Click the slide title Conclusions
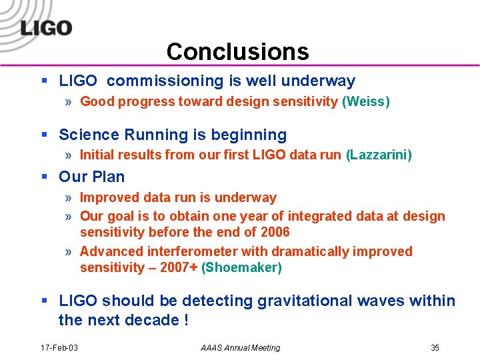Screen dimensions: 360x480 click(238, 51)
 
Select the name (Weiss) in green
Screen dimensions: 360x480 click(366, 102)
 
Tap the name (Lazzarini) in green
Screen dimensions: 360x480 click(379, 155)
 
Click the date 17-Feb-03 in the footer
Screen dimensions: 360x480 click(59, 348)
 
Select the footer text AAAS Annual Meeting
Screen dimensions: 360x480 click(241, 348)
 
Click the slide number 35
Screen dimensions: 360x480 click(435, 348)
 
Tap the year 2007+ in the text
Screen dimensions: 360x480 click(179, 268)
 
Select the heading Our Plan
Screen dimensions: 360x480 click(91, 177)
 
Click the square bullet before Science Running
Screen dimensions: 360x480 click(44, 135)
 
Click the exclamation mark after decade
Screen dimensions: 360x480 click(185, 320)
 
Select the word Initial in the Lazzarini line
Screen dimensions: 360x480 click(97, 155)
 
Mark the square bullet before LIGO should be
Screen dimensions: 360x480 click(44, 301)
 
